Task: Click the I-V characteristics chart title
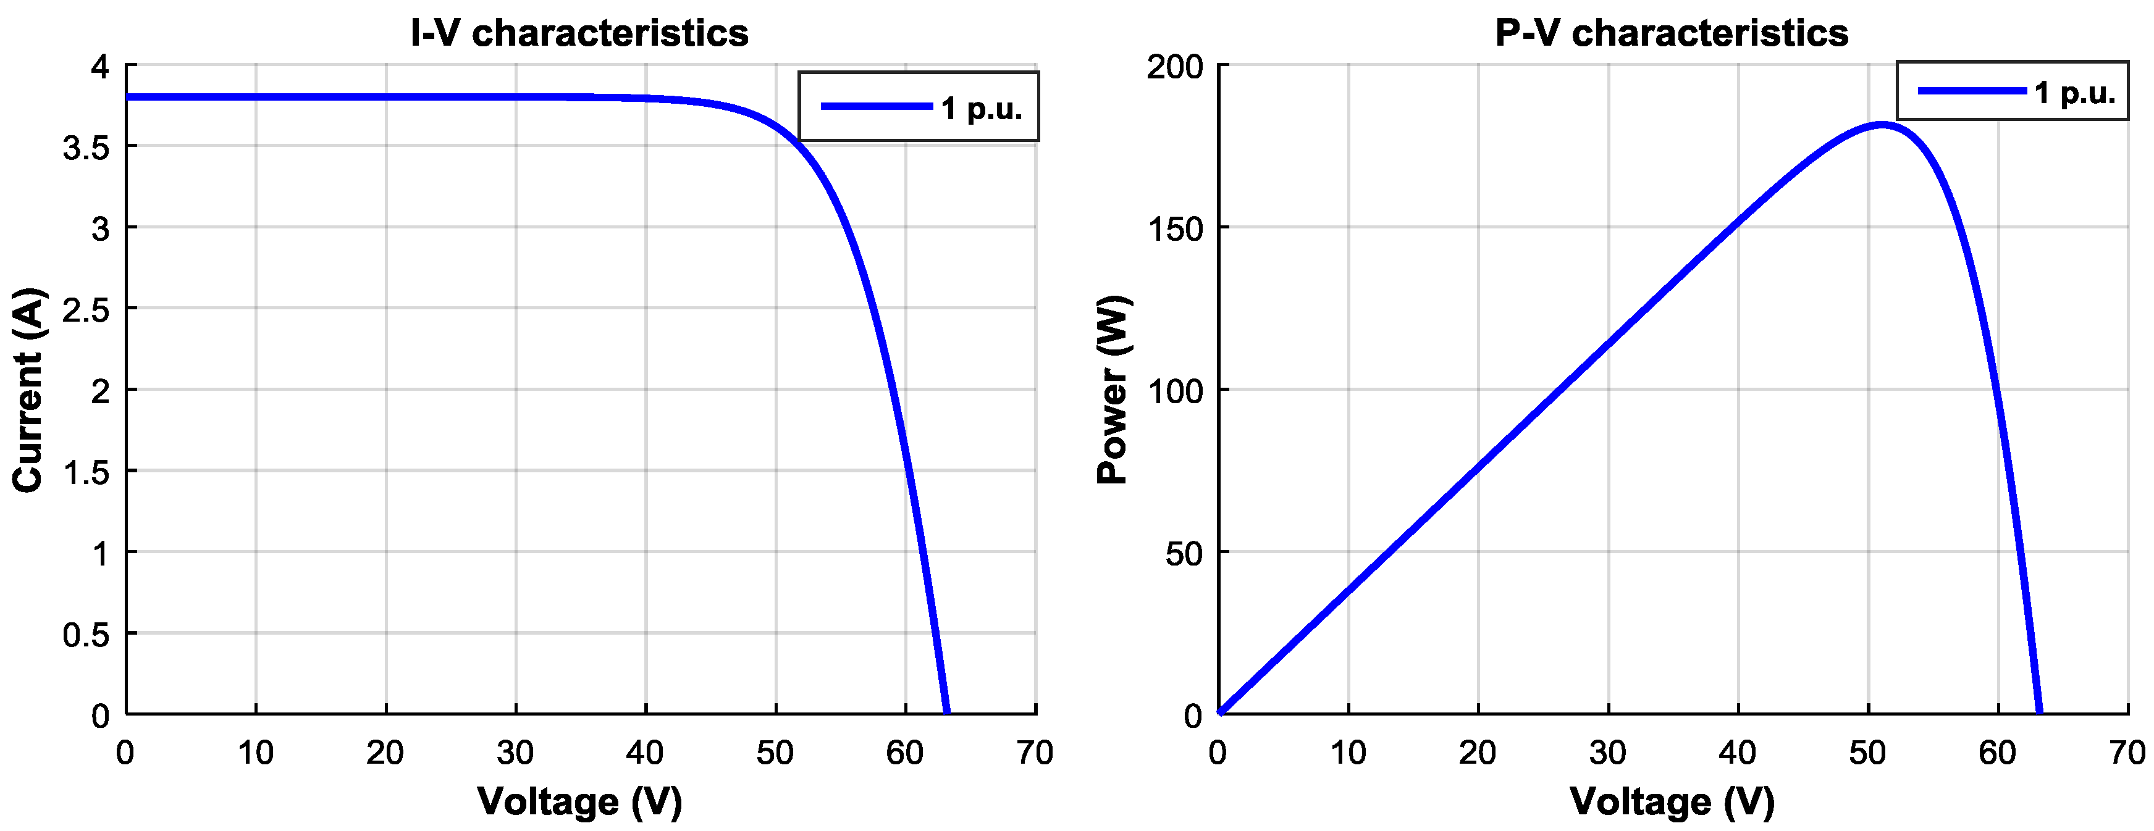point(579,33)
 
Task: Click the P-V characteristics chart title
point(1672,33)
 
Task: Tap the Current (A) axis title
point(28,390)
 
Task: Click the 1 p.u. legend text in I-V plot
point(981,108)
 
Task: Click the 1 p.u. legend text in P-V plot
point(2074,92)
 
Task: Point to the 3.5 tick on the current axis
point(86,147)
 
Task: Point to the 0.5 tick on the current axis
point(86,635)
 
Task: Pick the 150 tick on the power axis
point(1175,229)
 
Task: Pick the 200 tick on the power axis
point(1175,67)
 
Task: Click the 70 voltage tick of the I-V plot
point(1035,753)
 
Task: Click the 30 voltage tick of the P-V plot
point(1607,753)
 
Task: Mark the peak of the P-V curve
point(1882,125)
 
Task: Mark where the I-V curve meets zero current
point(946,712)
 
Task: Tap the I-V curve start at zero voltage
point(128,97)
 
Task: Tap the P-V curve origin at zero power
point(1219,712)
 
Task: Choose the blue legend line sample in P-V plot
point(1971,90)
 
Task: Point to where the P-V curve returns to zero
point(2040,712)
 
